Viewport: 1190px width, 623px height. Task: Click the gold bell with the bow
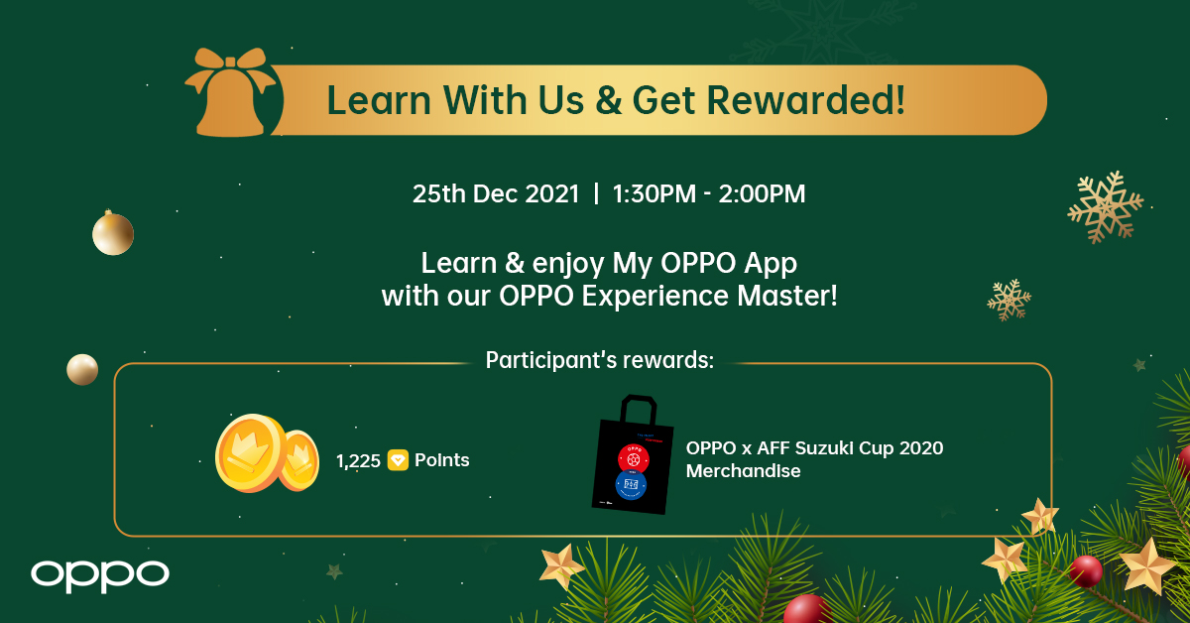pos(230,93)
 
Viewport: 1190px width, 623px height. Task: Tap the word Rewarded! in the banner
pos(805,100)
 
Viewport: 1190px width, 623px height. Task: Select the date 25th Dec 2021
pos(496,193)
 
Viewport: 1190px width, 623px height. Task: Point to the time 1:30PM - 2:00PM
pos(709,193)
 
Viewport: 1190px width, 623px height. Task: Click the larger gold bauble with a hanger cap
pos(113,232)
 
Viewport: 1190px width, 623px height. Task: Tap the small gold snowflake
pos(1009,300)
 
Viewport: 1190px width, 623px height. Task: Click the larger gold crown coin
pos(251,453)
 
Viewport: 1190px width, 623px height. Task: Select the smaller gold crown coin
pos(299,460)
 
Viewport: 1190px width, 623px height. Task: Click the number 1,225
pos(358,460)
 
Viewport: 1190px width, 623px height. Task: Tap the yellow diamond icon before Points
pos(398,460)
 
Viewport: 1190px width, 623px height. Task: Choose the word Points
pos(441,459)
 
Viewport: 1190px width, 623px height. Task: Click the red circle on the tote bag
pos(634,457)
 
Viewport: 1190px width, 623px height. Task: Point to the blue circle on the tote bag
pos(631,485)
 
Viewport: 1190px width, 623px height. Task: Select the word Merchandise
pos(743,471)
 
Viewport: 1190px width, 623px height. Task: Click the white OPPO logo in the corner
pos(100,575)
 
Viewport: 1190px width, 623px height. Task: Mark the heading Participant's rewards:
pos(600,361)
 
